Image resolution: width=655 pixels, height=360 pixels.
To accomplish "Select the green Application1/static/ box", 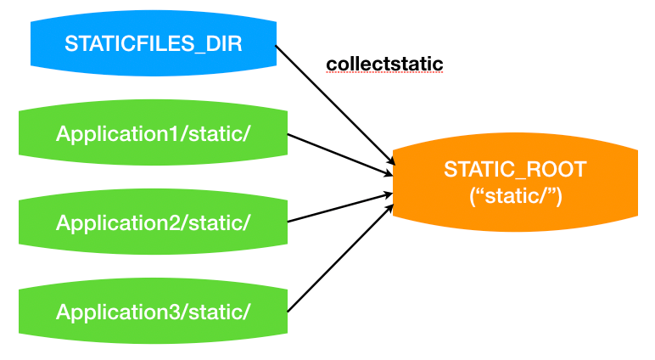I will [x=154, y=133].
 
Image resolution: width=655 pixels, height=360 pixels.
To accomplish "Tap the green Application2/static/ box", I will [x=154, y=222].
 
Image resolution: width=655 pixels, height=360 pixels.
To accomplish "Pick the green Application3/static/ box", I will [x=154, y=312].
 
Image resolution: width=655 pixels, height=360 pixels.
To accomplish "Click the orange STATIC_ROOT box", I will [x=514, y=182].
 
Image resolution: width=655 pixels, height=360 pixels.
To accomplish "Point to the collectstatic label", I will [x=384, y=64].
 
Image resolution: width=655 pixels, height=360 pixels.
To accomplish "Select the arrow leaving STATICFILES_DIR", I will [x=333, y=103].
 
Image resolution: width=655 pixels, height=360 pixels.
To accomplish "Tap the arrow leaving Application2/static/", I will [x=339, y=208].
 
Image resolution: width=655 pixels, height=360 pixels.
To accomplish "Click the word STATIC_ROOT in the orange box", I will [x=514, y=169].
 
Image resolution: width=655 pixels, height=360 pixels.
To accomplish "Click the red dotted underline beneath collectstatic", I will [x=384, y=73].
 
